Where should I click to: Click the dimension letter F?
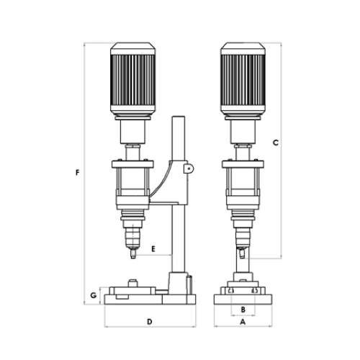click(x=77, y=172)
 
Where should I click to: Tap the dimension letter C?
click(x=276, y=143)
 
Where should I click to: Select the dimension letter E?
click(x=153, y=248)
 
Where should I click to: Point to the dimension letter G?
click(x=94, y=295)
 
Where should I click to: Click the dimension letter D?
click(x=150, y=322)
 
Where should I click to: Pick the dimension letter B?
click(x=243, y=310)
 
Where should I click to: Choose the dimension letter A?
click(x=243, y=322)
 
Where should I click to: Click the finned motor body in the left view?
click(x=132, y=80)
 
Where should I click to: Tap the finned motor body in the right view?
click(x=243, y=80)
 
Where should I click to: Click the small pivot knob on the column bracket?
click(x=189, y=168)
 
